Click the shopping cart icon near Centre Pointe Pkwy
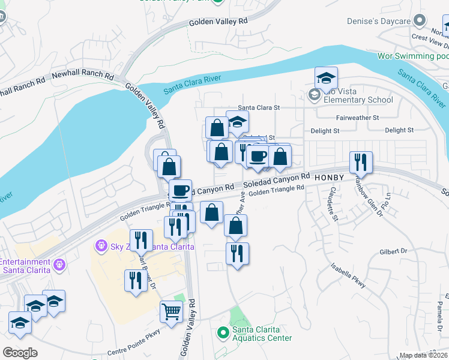[171, 311]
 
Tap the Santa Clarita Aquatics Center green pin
[223, 331]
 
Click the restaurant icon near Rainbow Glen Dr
[361, 161]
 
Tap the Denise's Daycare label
[378, 22]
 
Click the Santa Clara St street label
[260, 108]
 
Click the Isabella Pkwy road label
[349, 275]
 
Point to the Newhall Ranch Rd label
[83, 76]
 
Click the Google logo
[20, 353]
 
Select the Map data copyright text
[423, 355]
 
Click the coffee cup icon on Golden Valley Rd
[180, 191]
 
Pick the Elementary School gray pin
[313, 95]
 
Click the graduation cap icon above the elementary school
[326, 78]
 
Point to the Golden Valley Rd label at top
[218, 21]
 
